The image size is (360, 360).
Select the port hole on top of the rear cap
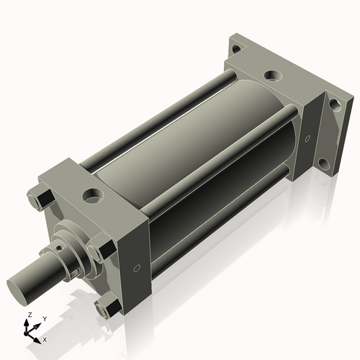coord(271,74)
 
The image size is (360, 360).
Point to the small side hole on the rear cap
coord(307,138)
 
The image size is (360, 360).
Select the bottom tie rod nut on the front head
coord(108,309)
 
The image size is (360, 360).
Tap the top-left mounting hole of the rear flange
coord(236,48)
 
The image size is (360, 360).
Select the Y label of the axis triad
coord(44,318)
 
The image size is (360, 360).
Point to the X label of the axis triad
coord(45,338)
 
